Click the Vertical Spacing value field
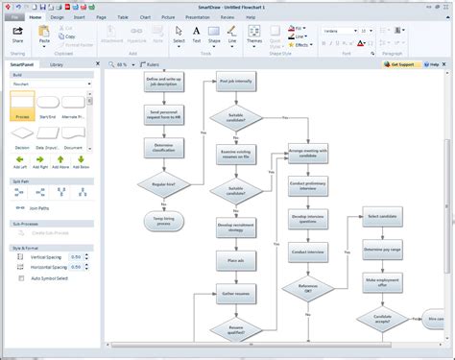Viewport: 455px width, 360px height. (x=76, y=256)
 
